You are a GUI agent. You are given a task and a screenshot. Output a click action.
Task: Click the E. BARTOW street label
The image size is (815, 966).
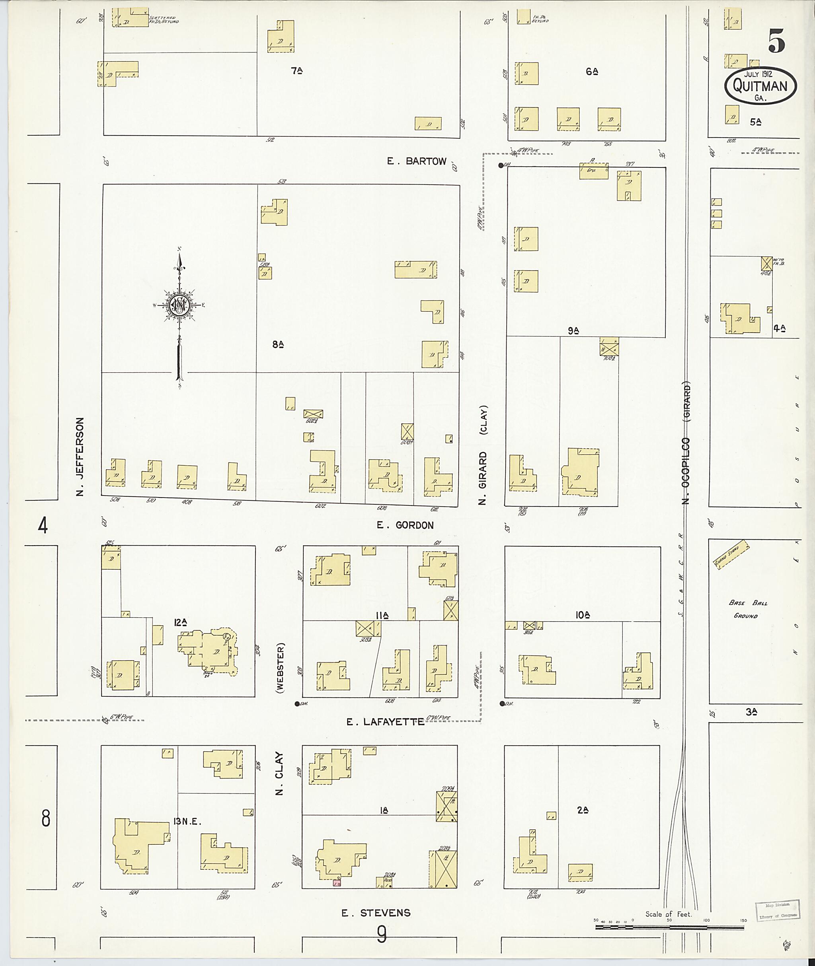point(417,161)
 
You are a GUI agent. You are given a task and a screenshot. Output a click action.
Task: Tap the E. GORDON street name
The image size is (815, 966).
point(405,525)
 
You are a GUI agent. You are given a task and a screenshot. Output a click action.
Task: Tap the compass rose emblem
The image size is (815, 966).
point(179,305)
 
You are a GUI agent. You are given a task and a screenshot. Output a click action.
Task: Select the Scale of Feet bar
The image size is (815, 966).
point(669,925)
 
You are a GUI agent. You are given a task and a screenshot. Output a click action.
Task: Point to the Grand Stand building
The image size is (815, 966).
point(731,556)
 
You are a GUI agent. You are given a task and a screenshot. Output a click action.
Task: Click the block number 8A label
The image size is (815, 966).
point(278,344)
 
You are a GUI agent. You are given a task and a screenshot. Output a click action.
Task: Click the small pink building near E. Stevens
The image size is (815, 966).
point(337,883)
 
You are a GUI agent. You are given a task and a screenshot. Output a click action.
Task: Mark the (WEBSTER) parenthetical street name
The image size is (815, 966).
point(281,668)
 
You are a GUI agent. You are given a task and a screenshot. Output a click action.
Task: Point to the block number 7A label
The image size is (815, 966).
point(296,71)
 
